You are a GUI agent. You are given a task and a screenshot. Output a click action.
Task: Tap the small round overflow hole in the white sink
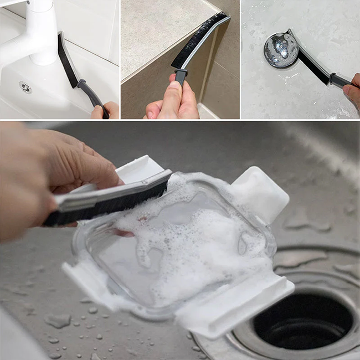[x=25, y=87]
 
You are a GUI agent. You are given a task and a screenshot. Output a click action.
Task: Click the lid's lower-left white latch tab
[x=83, y=277]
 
